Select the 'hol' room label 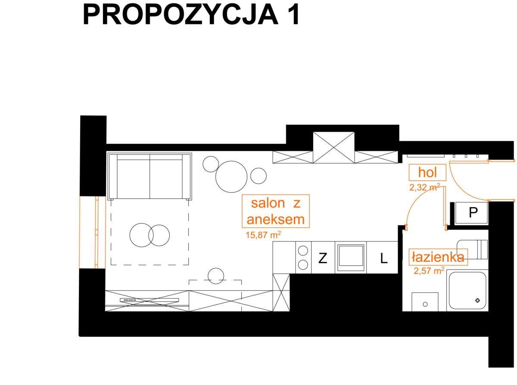pyautogui.click(x=427, y=173)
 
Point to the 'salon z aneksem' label pyautogui.click(x=275, y=211)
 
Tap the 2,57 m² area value pyautogui.click(x=429, y=271)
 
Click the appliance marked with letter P pyautogui.click(x=473, y=213)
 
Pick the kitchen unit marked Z pyautogui.click(x=322, y=258)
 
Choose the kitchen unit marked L pyautogui.click(x=383, y=258)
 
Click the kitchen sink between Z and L pyautogui.click(x=351, y=258)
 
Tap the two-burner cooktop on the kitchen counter pyautogui.click(x=303, y=258)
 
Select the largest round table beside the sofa pyautogui.click(x=232, y=177)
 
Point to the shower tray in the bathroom pyautogui.click(x=467, y=290)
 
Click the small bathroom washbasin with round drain pyautogui.click(x=425, y=301)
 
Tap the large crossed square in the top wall pyautogui.click(x=333, y=148)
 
